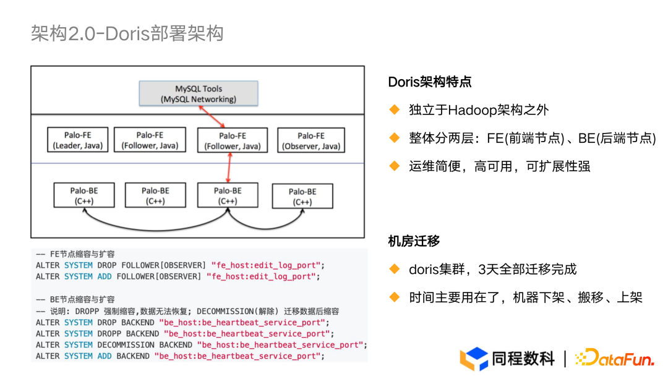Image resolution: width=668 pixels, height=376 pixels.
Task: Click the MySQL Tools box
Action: [x=199, y=93]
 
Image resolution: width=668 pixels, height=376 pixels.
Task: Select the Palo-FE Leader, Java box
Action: [x=78, y=140]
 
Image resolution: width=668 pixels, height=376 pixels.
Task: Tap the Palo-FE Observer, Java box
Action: [x=310, y=140]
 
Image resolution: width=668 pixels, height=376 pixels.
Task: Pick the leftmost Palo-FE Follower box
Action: [x=150, y=140]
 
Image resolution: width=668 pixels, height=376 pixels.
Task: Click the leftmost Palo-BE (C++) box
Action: [x=84, y=195]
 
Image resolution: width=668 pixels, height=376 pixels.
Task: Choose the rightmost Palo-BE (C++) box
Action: [x=302, y=196]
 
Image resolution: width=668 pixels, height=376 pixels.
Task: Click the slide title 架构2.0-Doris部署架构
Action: [x=127, y=33]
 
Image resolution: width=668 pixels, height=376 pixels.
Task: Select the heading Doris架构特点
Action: [x=430, y=82]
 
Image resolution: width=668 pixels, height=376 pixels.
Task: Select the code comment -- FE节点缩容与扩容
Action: [x=75, y=254]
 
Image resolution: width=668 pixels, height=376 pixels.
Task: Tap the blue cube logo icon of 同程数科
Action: [x=474, y=359]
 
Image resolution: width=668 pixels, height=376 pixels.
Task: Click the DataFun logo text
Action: [x=616, y=358]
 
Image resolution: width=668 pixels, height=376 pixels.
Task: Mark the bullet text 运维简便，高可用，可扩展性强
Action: [x=499, y=166]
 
